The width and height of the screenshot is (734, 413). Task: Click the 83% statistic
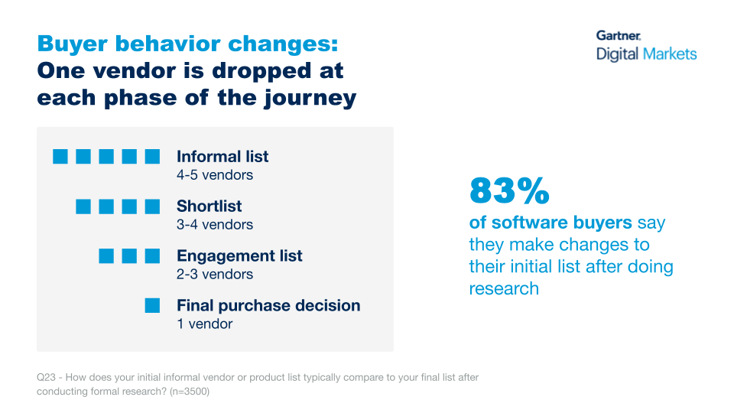(x=509, y=191)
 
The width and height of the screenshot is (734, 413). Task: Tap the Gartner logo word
(x=619, y=35)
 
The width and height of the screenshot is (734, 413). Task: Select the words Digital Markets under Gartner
(x=646, y=54)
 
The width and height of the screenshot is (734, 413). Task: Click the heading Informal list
(x=222, y=157)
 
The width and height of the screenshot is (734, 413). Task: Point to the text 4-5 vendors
(x=214, y=175)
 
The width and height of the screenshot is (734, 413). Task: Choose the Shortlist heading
(x=209, y=206)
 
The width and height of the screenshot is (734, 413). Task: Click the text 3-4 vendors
(x=214, y=225)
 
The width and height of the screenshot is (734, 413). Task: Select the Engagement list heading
(x=239, y=256)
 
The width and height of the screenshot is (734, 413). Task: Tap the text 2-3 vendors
(x=214, y=275)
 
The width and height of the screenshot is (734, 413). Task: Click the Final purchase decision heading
(x=268, y=306)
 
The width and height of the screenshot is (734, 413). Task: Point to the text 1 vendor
(x=204, y=324)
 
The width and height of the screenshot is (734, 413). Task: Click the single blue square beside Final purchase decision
(x=153, y=306)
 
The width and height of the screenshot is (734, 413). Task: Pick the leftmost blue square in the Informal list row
(x=60, y=157)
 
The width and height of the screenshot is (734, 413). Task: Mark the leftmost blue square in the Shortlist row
(x=83, y=206)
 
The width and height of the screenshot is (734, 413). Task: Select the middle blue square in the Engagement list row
(x=130, y=256)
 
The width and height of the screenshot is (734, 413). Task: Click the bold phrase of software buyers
(x=550, y=223)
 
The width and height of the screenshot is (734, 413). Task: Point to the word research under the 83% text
(x=504, y=288)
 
